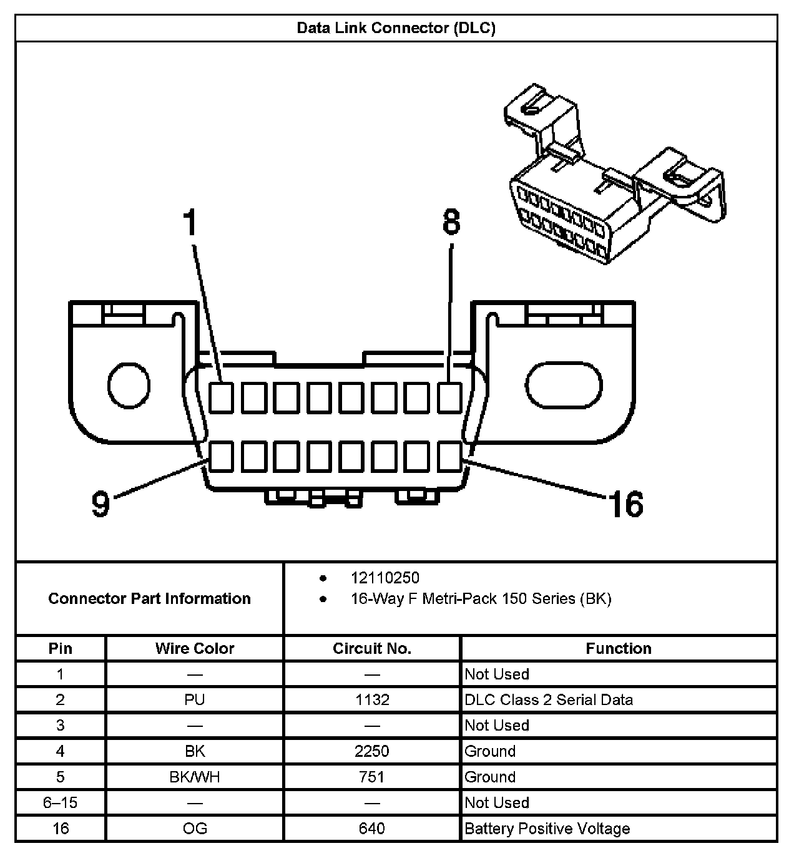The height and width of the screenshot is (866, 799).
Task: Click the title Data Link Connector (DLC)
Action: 396,29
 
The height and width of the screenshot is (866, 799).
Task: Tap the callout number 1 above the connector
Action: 190,223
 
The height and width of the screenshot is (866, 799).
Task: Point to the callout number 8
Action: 451,221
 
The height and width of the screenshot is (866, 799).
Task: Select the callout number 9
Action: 100,504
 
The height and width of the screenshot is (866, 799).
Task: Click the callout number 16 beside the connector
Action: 626,504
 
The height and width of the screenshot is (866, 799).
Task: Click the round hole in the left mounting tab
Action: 129,386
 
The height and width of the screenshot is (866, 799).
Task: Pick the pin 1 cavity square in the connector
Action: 221,397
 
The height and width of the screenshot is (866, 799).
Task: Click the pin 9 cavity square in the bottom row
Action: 221,456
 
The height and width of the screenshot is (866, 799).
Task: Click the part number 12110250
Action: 385,578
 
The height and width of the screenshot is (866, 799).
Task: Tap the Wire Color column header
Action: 195,648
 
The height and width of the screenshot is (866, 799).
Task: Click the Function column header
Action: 618,648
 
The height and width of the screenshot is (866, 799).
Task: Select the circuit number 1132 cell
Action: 372,699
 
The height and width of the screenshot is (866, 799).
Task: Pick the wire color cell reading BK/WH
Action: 195,777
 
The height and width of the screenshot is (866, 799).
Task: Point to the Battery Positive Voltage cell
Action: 547,829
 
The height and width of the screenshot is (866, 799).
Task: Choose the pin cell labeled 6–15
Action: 61,802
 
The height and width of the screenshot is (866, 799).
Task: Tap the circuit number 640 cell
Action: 372,829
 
